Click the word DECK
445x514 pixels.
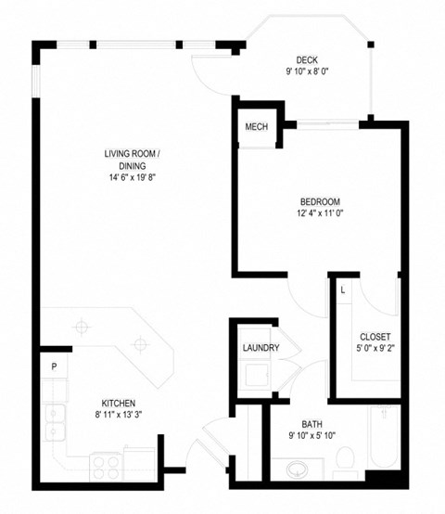pos(308,60)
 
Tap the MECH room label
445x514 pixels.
pos(257,127)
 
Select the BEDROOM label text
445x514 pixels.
pos(320,202)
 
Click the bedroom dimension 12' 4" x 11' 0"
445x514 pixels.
pos(320,213)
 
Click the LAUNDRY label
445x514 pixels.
pos(261,348)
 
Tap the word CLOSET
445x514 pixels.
pos(375,337)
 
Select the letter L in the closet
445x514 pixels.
pos(342,289)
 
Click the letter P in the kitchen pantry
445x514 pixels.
pos(54,366)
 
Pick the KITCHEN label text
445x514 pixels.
pos(120,404)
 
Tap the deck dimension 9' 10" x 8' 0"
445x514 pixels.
pos(308,71)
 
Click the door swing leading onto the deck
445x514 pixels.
pos(206,70)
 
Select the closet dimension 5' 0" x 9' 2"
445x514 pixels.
pos(375,349)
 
